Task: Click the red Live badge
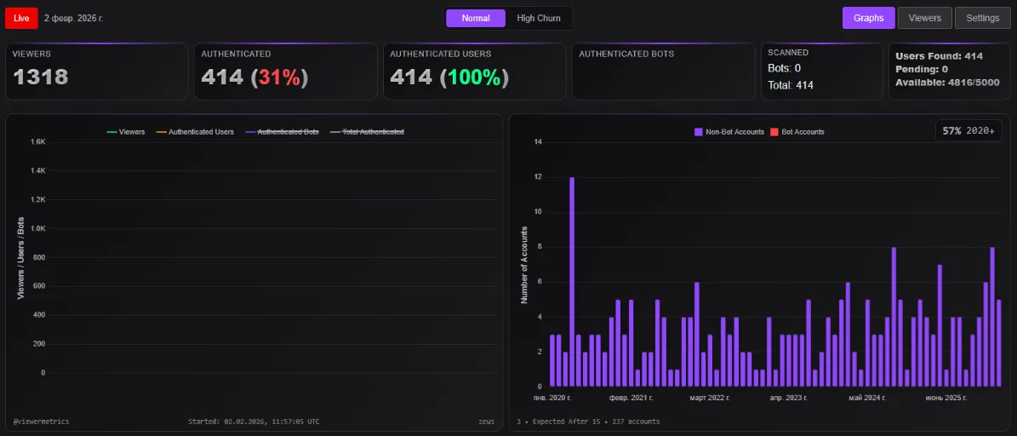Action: (21, 18)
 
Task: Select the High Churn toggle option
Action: (538, 18)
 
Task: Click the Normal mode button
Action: (476, 18)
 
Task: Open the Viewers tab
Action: (924, 18)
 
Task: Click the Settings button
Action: (982, 18)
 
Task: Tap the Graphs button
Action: (868, 18)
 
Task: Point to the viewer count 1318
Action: (41, 77)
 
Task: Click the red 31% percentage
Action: (280, 77)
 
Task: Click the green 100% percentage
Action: (474, 77)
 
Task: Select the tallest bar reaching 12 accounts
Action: (572, 281)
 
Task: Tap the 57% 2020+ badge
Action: (968, 131)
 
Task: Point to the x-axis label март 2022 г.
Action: (709, 398)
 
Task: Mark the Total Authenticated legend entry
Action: (372, 132)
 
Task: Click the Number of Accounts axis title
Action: (524, 265)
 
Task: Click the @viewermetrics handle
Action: (42, 422)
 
